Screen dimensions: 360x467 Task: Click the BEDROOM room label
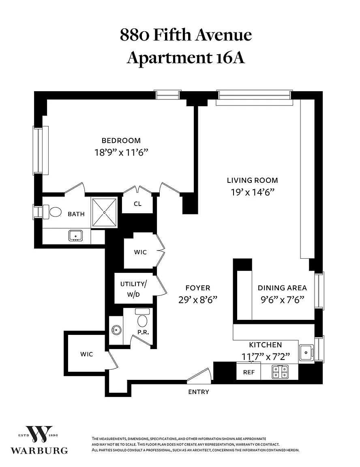(121, 141)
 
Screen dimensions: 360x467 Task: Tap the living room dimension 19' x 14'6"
(252, 193)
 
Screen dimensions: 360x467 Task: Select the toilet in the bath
(52, 212)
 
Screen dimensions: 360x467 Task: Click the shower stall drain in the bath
(104, 212)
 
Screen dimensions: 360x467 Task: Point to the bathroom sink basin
(76, 236)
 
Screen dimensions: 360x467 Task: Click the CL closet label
(137, 204)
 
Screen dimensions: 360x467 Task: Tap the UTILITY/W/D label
(133, 289)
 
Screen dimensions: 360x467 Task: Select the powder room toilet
(142, 318)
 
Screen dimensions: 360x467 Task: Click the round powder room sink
(116, 330)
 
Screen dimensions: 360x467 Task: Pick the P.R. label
(143, 332)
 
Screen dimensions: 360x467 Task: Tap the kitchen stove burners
(280, 372)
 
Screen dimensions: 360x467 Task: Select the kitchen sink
(306, 353)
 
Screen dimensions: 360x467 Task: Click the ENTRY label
(199, 392)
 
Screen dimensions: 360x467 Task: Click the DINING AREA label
(282, 288)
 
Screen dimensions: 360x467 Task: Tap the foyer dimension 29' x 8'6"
(198, 300)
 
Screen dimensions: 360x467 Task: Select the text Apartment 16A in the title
(186, 58)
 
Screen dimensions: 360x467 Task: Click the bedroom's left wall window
(41, 150)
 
